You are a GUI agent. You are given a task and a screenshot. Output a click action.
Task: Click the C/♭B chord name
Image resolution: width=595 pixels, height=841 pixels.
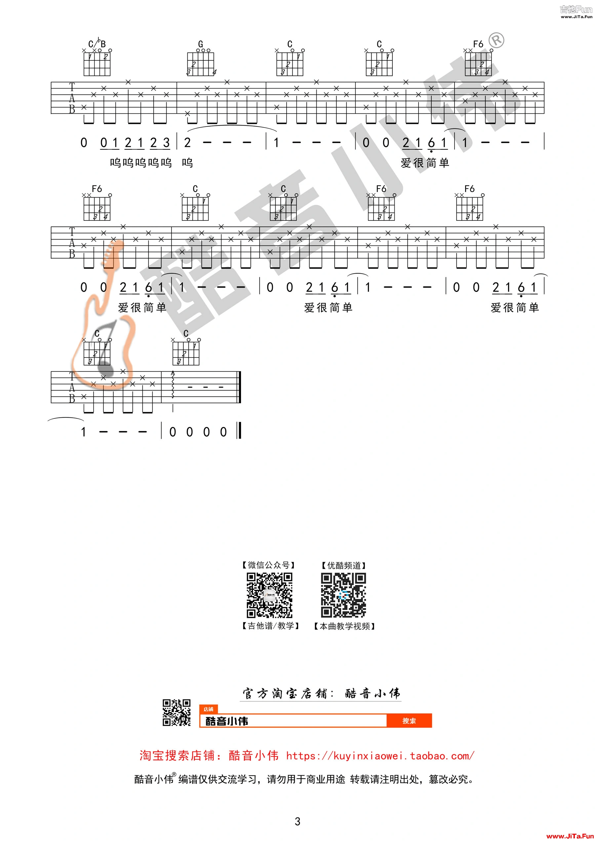click(x=97, y=44)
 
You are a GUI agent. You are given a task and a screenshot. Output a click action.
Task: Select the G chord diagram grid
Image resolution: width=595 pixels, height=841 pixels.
click(x=200, y=64)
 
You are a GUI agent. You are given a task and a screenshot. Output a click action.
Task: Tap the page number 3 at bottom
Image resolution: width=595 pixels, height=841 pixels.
click(x=297, y=822)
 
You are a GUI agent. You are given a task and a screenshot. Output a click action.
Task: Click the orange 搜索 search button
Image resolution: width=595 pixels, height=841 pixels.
click(x=409, y=721)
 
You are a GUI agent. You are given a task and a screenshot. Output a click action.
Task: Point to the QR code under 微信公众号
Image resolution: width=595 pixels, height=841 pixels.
click(x=270, y=595)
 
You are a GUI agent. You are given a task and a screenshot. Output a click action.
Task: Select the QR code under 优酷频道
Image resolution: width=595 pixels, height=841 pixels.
click(x=343, y=595)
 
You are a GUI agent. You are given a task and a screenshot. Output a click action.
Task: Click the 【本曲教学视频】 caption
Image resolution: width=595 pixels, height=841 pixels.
click(x=344, y=626)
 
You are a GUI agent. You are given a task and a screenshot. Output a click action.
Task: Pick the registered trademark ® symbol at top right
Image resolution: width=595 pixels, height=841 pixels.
click(x=496, y=40)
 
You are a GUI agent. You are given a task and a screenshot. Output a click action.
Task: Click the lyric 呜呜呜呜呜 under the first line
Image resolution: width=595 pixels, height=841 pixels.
click(x=141, y=163)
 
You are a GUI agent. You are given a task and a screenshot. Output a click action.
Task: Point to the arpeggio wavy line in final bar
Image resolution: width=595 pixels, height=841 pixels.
click(x=173, y=385)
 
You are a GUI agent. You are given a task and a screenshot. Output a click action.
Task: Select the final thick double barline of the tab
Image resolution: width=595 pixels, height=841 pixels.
click(x=240, y=387)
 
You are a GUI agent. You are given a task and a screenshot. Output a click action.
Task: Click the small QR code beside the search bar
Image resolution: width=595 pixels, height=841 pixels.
click(x=177, y=713)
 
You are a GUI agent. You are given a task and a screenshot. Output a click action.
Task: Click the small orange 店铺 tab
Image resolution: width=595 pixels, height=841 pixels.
click(x=209, y=709)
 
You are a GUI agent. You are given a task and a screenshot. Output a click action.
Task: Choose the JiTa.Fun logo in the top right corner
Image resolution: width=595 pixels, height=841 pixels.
click(x=576, y=11)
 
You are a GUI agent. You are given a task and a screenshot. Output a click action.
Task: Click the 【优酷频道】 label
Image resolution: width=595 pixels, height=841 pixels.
click(x=344, y=565)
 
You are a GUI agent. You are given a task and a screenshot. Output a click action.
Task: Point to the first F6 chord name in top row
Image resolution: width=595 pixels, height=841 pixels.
click(x=478, y=44)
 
